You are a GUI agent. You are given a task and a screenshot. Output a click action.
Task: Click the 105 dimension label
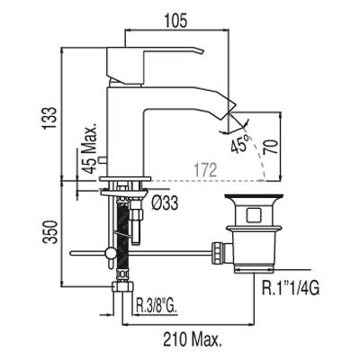pos(175,21)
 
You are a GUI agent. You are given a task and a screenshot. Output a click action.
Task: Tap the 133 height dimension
pos(49,118)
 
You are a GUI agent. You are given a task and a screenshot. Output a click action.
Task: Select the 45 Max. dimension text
pos(90,148)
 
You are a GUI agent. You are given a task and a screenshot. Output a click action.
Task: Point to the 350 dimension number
pos(49,232)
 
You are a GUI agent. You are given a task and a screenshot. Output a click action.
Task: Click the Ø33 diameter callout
pos(165,202)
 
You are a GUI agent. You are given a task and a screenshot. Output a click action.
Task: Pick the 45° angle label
pos(240,143)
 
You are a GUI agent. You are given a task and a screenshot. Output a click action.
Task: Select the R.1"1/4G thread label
pos(291,288)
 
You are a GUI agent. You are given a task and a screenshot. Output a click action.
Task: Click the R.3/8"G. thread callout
pos(157,307)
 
